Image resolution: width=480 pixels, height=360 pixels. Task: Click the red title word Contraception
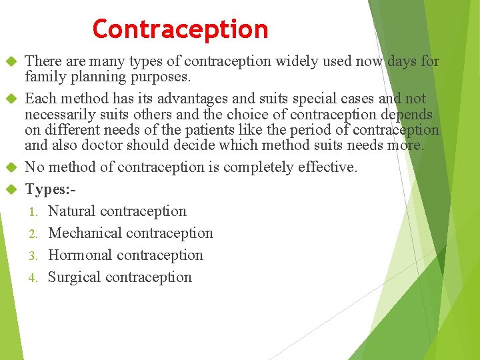click(x=180, y=29)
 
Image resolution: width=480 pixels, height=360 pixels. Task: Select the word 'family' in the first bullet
click(x=45, y=76)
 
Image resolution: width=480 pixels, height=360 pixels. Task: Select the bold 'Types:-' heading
click(x=50, y=189)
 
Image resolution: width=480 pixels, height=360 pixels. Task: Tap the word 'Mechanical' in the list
click(x=85, y=233)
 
